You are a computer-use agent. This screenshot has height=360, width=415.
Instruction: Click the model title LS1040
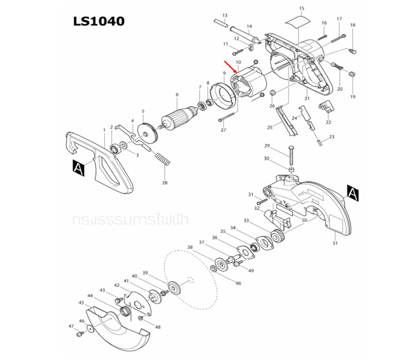click(98, 21)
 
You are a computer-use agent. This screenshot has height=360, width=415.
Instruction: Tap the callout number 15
click(301, 8)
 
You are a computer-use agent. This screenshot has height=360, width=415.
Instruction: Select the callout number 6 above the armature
click(177, 94)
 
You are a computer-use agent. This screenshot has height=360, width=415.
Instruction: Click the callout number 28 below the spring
click(165, 184)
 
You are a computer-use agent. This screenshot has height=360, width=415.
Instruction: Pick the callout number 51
click(335, 242)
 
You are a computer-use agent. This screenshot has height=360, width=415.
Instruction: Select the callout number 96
click(238, 283)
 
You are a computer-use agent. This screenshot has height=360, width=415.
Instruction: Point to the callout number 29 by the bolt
click(267, 145)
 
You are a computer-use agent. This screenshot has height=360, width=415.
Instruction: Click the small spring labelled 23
click(319, 142)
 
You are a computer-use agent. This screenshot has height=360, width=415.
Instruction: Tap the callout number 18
click(353, 25)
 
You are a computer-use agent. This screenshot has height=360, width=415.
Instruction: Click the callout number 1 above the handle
click(104, 129)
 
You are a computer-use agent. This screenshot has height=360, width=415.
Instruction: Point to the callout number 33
click(246, 221)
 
